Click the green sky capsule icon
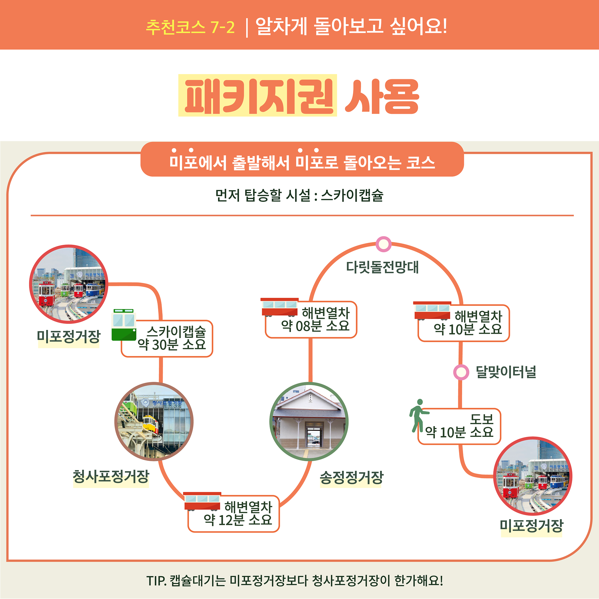(x=124, y=325)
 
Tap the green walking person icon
(x=419, y=415)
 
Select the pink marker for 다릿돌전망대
(x=383, y=244)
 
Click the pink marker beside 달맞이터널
(x=461, y=372)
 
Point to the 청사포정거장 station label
(x=111, y=476)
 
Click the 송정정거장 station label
(x=351, y=477)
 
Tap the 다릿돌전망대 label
(x=382, y=267)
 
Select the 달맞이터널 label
(x=506, y=372)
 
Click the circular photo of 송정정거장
(x=309, y=422)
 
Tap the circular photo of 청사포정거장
(x=154, y=422)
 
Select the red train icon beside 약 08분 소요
(x=279, y=307)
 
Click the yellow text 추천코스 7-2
(x=190, y=27)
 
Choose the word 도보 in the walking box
(x=482, y=420)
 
